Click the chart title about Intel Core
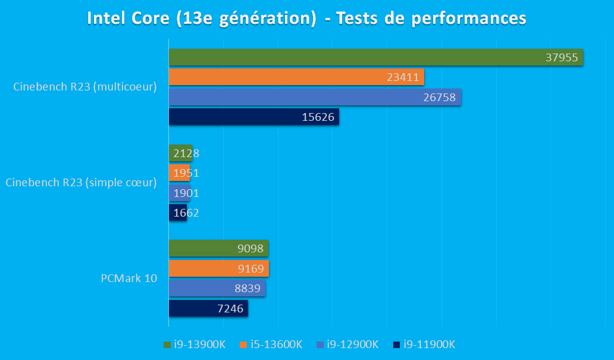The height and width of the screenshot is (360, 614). click(x=306, y=18)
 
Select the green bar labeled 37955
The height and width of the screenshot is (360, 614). click(x=375, y=57)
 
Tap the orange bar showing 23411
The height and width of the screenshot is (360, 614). click(x=296, y=77)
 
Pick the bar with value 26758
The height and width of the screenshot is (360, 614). click(x=314, y=97)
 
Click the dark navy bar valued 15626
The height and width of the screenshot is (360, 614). click(x=253, y=117)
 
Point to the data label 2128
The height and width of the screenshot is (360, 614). click(x=186, y=154)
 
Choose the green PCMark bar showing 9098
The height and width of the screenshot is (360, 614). click(x=218, y=249)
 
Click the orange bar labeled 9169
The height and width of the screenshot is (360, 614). click(x=218, y=269)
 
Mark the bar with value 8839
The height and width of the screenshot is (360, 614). click(x=217, y=289)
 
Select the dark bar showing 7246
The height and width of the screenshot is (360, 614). click(x=208, y=309)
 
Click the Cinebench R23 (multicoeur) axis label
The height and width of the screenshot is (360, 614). click(x=84, y=87)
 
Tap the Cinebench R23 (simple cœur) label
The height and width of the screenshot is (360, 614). click(x=81, y=183)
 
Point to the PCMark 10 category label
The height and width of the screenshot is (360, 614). click(x=129, y=278)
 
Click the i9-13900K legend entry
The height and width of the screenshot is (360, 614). click(x=197, y=345)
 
